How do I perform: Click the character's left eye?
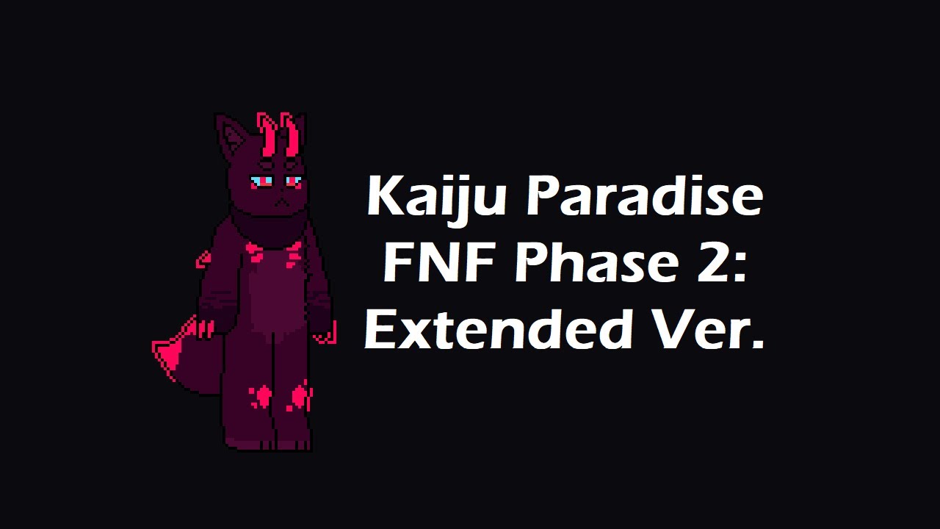point(261,181)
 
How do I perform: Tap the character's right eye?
point(292,180)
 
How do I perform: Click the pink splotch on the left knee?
point(260,397)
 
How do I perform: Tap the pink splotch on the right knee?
point(300,397)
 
